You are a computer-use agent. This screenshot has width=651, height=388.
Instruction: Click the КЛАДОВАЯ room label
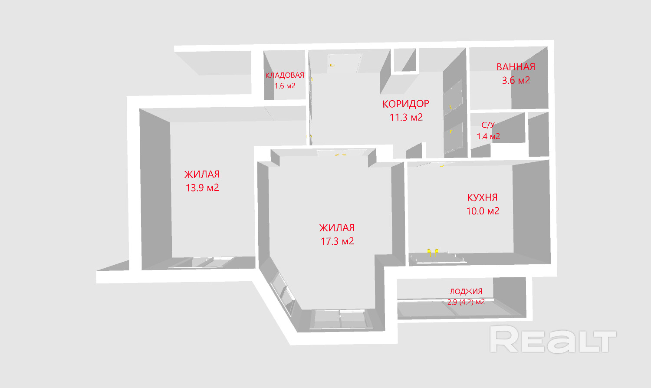tap(285, 76)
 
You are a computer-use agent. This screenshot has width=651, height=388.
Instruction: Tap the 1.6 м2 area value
tap(285, 86)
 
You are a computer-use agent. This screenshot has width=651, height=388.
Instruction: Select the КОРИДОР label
tap(406, 104)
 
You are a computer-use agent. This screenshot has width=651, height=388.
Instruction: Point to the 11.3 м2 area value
tap(406, 117)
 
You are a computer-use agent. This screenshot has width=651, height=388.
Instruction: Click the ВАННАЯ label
tap(516, 67)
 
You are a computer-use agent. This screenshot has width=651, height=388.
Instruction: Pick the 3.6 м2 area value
tap(516, 80)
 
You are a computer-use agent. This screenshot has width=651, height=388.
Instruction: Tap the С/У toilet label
tap(488, 125)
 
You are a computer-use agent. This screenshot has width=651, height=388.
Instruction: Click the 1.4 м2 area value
tap(488, 136)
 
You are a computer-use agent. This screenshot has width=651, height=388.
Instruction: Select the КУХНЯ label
tap(482, 197)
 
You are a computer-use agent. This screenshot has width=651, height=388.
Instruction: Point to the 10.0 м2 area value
tap(483, 211)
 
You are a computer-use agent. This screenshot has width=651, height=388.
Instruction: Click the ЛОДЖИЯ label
tap(466, 292)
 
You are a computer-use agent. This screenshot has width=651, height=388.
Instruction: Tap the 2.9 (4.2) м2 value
tap(466, 302)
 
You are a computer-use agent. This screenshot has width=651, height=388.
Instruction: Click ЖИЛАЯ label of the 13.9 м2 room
tap(202, 174)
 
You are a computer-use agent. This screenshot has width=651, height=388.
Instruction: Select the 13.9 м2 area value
tap(202, 188)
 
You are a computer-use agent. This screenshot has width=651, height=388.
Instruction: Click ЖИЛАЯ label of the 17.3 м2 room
tap(337, 228)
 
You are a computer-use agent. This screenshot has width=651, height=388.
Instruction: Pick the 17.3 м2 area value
tap(337, 241)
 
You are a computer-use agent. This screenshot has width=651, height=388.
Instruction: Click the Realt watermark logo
tap(553, 339)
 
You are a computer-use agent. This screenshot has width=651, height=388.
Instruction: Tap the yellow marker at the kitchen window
tap(433, 253)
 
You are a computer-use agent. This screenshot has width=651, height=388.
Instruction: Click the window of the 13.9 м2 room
tap(202, 262)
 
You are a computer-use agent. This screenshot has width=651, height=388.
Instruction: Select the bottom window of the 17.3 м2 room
tap(340, 319)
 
